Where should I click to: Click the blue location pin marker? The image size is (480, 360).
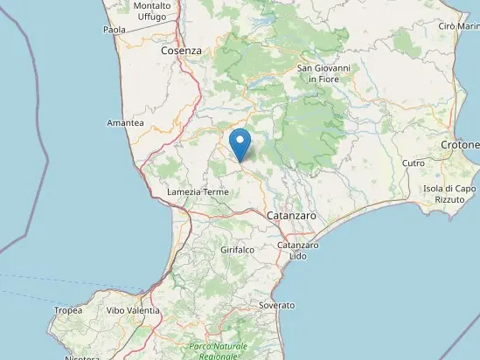coord(240,142)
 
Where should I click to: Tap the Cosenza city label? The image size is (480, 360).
coord(181,52)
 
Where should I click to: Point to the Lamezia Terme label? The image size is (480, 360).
coord(197,191)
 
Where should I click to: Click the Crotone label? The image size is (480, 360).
coord(461,144)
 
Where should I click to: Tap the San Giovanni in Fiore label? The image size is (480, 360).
coord(324,73)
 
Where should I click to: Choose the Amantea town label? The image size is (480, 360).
coord(125,123)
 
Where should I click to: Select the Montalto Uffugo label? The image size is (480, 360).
coord(152,11)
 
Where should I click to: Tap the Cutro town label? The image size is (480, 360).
coord(414,163)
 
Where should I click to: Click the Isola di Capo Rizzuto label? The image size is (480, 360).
coord(449,194)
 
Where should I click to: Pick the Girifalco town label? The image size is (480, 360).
coord(237,249)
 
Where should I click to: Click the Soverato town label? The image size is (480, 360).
coord(277,305)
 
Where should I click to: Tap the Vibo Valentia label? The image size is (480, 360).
coord(134,310)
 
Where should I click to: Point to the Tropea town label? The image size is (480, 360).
coord(68,310)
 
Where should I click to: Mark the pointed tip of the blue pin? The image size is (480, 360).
coord(240,160)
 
